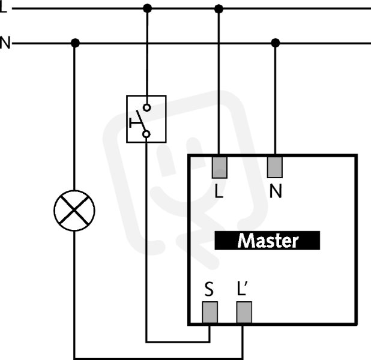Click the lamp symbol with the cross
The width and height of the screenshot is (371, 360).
(74, 210)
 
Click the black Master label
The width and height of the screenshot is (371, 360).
(267, 241)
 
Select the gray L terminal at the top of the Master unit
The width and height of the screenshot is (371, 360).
(220, 167)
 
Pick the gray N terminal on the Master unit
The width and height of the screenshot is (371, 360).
(275, 167)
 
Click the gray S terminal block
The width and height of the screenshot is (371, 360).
(210, 312)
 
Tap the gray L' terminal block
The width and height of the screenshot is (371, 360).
(244, 312)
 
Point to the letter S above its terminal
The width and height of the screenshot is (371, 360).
(209, 289)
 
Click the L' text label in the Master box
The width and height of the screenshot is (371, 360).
(243, 289)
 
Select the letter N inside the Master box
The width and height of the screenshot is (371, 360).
(276, 191)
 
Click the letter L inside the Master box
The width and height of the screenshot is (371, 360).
(219, 191)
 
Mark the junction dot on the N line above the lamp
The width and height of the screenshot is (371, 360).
(75, 43)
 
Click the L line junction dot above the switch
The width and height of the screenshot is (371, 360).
(148, 8)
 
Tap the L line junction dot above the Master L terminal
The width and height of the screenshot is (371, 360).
(219, 9)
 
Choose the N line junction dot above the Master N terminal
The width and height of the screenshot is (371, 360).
(276, 43)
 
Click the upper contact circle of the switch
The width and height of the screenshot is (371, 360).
(147, 108)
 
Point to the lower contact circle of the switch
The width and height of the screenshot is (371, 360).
(146, 134)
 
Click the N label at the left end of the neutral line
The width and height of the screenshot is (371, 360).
(5, 43)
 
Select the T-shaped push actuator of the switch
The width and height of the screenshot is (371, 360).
(135, 123)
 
